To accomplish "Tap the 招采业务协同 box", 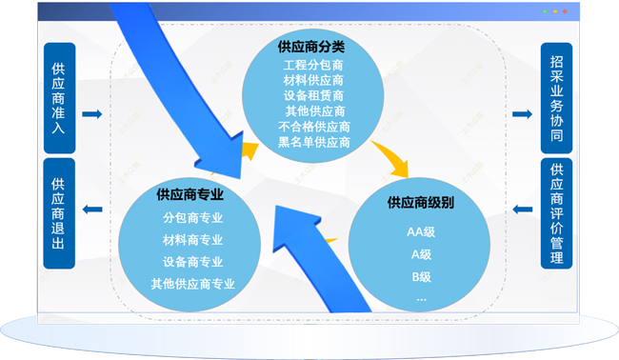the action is click(x=557, y=98).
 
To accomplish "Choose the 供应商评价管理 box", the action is click(x=557, y=214).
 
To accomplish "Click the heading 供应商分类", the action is click(x=314, y=46).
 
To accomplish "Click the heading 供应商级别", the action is click(x=420, y=203).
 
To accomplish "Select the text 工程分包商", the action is click(x=314, y=65).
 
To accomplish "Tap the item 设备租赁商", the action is click(x=314, y=95).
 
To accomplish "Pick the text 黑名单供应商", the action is click(x=314, y=142).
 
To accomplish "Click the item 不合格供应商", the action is click(x=314, y=127).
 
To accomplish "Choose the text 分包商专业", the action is click(x=192, y=217).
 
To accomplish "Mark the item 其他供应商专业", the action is click(x=192, y=284).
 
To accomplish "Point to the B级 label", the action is click(x=420, y=277).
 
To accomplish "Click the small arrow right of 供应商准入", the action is click(x=92, y=114).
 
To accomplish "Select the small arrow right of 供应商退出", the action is click(x=92, y=210).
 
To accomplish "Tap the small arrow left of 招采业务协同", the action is click(x=522, y=114).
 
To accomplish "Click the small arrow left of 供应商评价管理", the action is click(x=522, y=210).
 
